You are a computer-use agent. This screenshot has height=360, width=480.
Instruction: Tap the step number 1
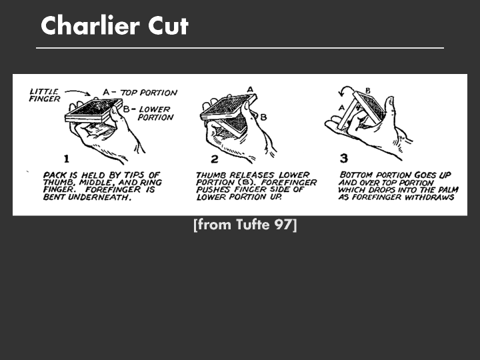(67, 159)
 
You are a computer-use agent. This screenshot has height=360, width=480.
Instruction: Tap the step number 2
(214, 159)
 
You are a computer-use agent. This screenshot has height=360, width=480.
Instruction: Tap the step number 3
(344, 158)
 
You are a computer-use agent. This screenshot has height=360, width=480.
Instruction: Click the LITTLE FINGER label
(45, 95)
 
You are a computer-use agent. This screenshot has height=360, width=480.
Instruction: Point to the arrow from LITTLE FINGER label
(78, 92)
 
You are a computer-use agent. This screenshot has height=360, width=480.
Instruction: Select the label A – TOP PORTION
(140, 93)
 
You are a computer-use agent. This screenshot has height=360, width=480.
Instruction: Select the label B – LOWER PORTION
(149, 113)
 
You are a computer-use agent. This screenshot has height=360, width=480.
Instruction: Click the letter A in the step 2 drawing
(250, 89)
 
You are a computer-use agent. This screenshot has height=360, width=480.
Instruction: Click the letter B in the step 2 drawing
(263, 117)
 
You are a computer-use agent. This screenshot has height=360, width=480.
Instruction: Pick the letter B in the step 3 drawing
(367, 91)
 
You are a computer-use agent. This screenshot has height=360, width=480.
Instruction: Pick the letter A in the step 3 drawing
(342, 107)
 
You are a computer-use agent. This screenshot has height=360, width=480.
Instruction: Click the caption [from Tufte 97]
(245, 225)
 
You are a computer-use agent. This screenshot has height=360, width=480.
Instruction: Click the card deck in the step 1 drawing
(94, 110)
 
